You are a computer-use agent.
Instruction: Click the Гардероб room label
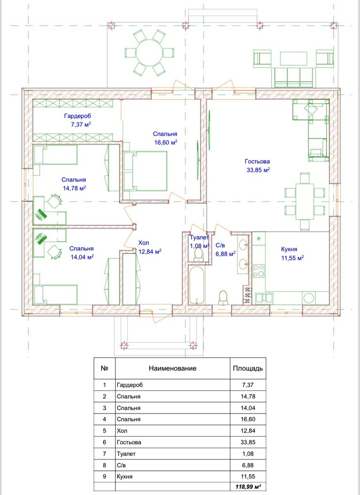(x=77, y=116)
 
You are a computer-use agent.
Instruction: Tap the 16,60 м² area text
(x=166, y=142)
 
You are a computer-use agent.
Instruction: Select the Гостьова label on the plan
(x=257, y=161)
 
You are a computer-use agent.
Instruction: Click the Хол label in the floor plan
(x=144, y=243)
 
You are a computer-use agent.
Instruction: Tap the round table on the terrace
(x=149, y=53)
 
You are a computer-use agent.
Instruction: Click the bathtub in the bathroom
(x=197, y=285)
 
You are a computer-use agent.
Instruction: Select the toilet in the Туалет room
(x=198, y=255)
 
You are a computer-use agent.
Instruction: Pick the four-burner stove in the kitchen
(x=259, y=271)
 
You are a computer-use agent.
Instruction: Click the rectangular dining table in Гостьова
(x=305, y=201)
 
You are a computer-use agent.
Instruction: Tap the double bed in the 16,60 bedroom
(x=145, y=171)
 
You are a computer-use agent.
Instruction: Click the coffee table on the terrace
(x=294, y=58)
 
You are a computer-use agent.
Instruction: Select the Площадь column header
(x=248, y=368)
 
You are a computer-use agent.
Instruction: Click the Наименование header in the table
(x=173, y=368)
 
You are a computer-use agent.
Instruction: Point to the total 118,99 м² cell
(x=248, y=487)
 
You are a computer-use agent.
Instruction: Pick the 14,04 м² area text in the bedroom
(x=82, y=257)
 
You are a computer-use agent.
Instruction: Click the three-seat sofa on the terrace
(x=294, y=78)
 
